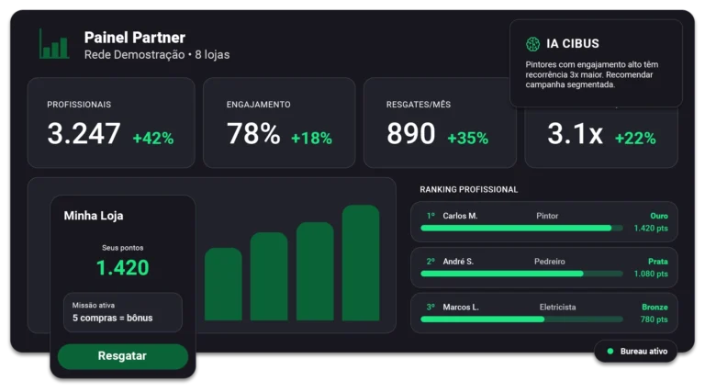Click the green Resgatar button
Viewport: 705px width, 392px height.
[122, 356]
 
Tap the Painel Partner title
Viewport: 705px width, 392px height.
[134, 38]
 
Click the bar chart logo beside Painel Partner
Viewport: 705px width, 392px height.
[54, 44]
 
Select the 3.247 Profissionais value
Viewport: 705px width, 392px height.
[84, 134]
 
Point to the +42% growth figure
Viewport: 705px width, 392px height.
[152, 139]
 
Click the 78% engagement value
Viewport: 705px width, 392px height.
[253, 134]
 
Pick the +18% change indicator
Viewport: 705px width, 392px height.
[311, 139]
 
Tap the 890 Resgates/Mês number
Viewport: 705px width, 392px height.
[410, 134]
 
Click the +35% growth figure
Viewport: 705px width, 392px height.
[467, 139]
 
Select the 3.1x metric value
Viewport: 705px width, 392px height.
[575, 134]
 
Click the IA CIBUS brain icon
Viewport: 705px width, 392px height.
[532, 44]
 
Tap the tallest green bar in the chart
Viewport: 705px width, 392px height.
[361, 263]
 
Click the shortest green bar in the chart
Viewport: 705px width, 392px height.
[223, 284]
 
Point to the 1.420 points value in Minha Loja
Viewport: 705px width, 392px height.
[122, 268]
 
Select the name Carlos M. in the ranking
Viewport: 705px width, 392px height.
[460, 216]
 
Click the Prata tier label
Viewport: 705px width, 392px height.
[657, 261]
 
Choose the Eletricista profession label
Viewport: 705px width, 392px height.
[557, 307]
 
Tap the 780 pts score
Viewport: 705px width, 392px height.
[654, 319]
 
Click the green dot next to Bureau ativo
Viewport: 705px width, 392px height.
[610, 351]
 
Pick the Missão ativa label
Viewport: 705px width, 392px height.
[94, 305]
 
